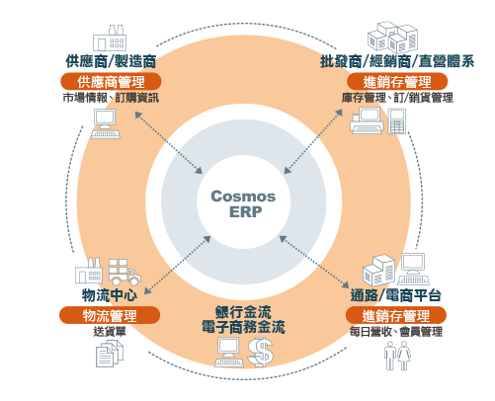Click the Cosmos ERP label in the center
tap(243, 204)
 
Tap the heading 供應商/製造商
tap(111, 61)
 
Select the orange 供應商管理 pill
tap(111, 82)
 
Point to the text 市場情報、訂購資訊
tap(111, 98)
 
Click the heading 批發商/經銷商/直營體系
tap(397, 61)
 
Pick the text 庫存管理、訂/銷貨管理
tap(397, 98)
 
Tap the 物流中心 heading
tap(110, 295)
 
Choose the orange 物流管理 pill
tap(110, 315)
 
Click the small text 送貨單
tap(110, 332)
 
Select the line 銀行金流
tap(243, 312)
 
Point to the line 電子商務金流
tap(243, 327)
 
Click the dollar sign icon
tap(260, 353)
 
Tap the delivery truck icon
tap(124, 272)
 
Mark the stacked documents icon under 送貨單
tap(110, 354)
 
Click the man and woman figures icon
tap(397, 356)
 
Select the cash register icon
tap(367, 120)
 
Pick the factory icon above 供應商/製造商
tap(110, 38)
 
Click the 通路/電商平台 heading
tap(396, 295)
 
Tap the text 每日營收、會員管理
tap(396, 332)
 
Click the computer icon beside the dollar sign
tap(229, 352)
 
